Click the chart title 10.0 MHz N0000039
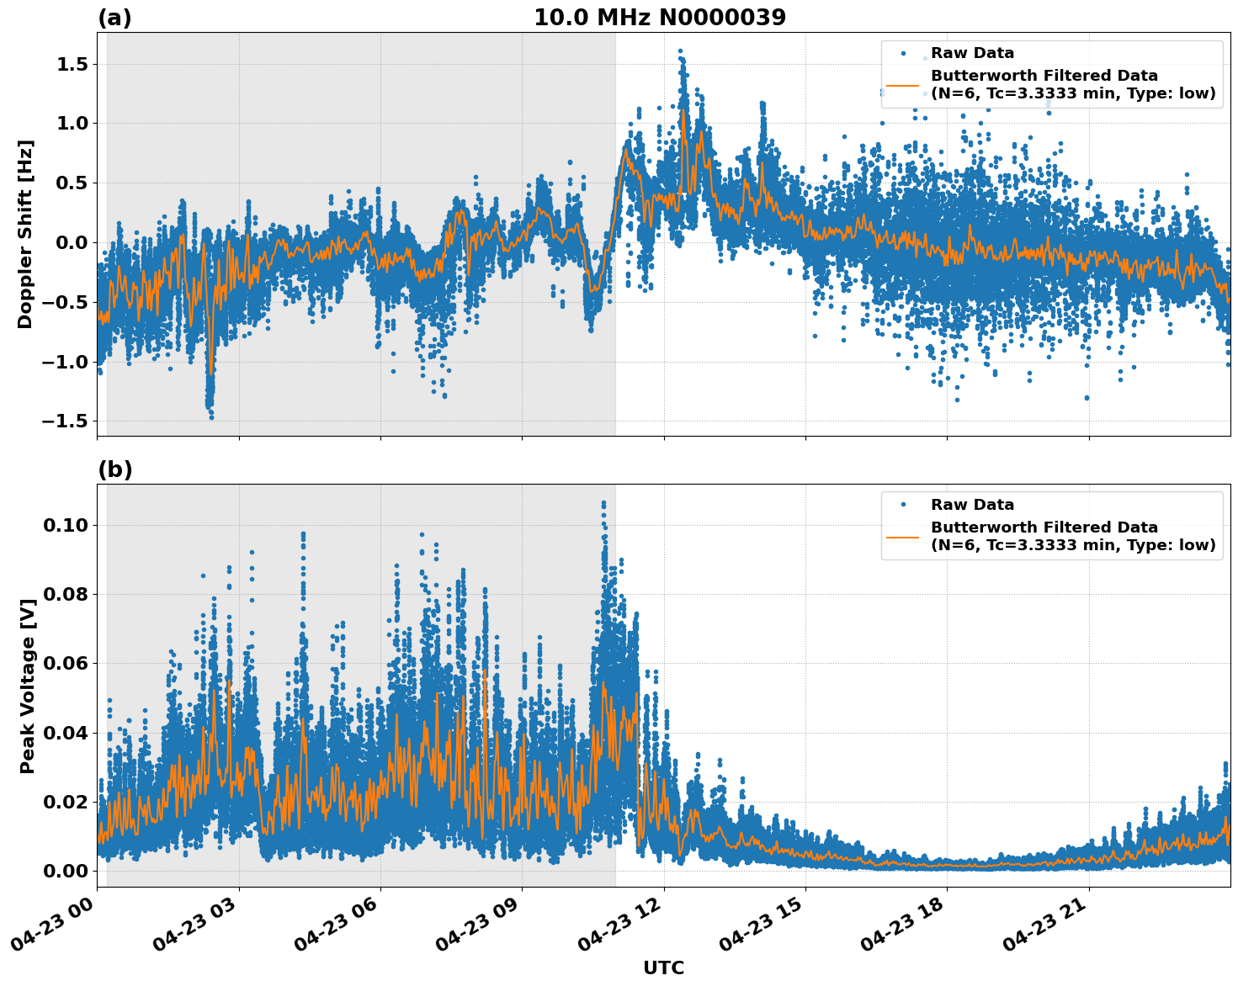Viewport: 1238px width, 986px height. [x=659, y=18]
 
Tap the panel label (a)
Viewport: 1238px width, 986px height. [x=114, y=18]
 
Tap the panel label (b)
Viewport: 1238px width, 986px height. [x=114, y=469]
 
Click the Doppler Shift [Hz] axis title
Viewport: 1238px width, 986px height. [x=25, y=234]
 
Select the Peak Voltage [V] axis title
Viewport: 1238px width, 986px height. [x=28, y=686]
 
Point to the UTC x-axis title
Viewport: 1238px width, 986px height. [x=663, y=967]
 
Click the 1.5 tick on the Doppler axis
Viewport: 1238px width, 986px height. [x=74, y=64]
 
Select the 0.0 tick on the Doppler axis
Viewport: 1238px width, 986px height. [x=74, y=243]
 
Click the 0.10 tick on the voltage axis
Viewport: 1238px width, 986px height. [x=67, y=525]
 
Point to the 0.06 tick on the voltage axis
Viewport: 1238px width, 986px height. [x=67, y=663]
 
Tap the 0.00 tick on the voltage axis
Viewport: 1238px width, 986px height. [x=67, y=871]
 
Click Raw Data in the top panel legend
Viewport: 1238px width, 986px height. [x=972, y=53]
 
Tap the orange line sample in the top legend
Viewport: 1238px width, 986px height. [x=902, y=85]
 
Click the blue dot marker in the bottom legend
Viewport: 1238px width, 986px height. [x=902, y=505]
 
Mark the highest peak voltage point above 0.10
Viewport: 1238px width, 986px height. [x=603, y=503]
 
